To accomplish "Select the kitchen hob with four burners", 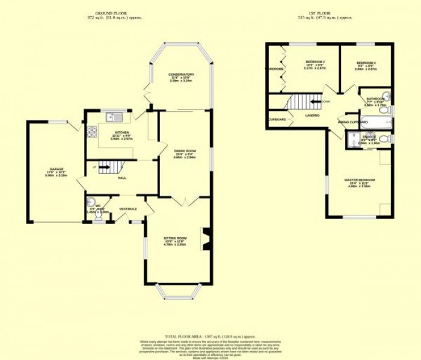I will pos(93,131).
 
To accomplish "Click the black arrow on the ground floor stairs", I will pos(103,169).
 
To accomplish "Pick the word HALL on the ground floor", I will pos(122,178).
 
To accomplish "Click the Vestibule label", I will pos(128,208).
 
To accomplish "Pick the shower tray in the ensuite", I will pos(352,140).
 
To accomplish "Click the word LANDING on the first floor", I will pos(312,115).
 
